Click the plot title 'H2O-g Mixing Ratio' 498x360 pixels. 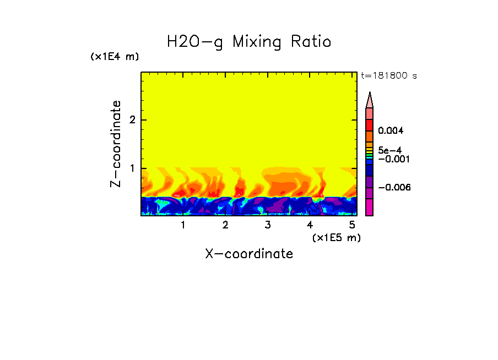pyautogui.click(x=249, y=42)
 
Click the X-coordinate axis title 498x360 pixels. pyautogui.click(x=249, y=254)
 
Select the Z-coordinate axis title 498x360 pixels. pyautogui.click(x=116, y=144)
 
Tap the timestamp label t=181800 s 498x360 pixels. pyautogui.click(x=388, y=75)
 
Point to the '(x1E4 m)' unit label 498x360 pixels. pyautogui.click(x=115, y=57)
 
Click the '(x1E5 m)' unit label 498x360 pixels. pyautogui.click(x=336, y=237)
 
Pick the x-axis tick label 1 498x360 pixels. pyautogui.click(x=183, y=225)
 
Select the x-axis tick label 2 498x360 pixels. pyautogui.click(x=225, y=225)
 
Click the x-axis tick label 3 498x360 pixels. pyautogui.click(x=267, y=225)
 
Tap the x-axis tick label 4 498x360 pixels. pyautogui.click(x=310, y=225)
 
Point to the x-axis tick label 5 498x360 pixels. pyautogui.click(x=352, y=225)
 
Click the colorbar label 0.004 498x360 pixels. pyautogui.click(x=391, y=131)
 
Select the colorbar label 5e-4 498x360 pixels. pyautogui.click(x=389, y=150)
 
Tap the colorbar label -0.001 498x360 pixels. pyautogui.click(x=392, y=159)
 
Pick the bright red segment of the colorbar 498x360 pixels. pyautogui.click(x=369, y=124)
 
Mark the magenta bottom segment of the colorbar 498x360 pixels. pyautogui.click(x=369, y=207)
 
